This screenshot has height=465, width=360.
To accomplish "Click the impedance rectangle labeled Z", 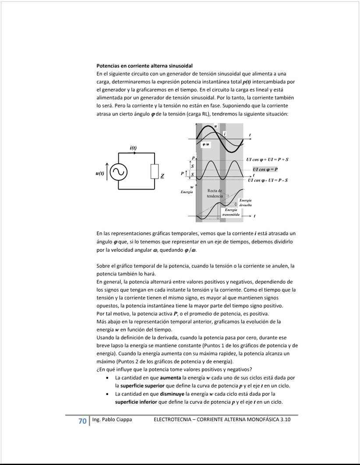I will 154,172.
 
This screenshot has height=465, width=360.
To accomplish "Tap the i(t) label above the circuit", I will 133,148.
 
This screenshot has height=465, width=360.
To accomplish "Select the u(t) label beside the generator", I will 100,173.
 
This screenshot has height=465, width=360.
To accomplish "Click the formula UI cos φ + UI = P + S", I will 270,160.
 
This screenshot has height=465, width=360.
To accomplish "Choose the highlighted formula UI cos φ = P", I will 265,169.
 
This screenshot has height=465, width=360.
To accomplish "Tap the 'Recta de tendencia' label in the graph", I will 215,194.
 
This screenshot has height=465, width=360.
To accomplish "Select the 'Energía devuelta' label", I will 245,203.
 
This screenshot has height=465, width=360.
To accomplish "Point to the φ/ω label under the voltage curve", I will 205,144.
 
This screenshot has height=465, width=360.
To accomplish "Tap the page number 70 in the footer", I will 82,421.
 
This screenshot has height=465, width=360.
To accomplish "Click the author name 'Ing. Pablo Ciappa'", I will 112,420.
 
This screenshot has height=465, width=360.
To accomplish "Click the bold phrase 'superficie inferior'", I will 136,402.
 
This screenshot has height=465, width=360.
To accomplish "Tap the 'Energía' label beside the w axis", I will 187,192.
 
